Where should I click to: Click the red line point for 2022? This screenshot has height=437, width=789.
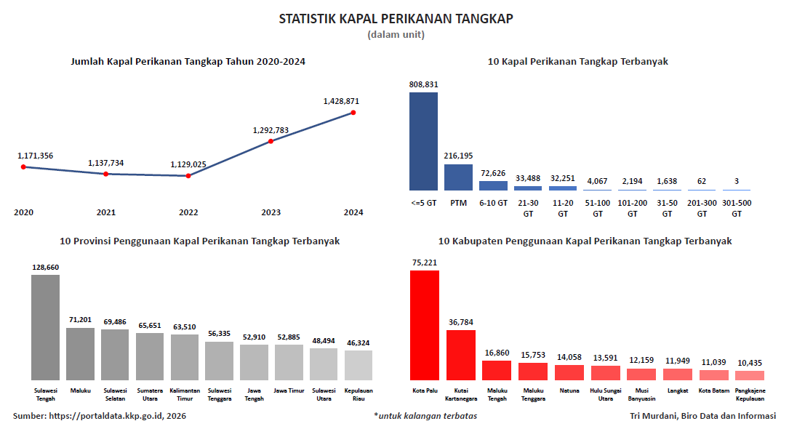[188, 176]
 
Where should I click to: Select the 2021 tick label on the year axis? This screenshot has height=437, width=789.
[106, 212]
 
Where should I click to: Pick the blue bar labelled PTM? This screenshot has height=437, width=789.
[458, 177]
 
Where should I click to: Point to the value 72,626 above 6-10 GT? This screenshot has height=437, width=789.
[493, 173]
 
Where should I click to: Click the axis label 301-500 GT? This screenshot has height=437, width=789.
[737, 208]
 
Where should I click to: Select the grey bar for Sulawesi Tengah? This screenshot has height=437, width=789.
[45, 326]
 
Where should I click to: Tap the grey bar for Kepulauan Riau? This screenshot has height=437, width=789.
[359, 364]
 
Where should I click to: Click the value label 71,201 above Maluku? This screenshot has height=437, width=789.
[80, 320]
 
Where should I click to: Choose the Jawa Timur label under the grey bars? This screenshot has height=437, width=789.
[289, 390]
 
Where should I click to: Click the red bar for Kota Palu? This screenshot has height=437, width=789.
[425, 324]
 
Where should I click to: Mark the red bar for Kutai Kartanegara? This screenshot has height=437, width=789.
[461, 354]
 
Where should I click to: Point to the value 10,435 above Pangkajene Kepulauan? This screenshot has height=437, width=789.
[750, 363]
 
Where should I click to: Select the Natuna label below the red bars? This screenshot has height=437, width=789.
[569, 390]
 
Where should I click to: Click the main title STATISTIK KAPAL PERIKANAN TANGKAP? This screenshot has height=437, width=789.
[396, 19]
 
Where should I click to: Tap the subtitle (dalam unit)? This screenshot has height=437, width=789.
[396, 34]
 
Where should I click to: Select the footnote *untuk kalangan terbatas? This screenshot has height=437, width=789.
[425, 416]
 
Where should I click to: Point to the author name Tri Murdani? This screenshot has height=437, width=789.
[652, 416]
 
